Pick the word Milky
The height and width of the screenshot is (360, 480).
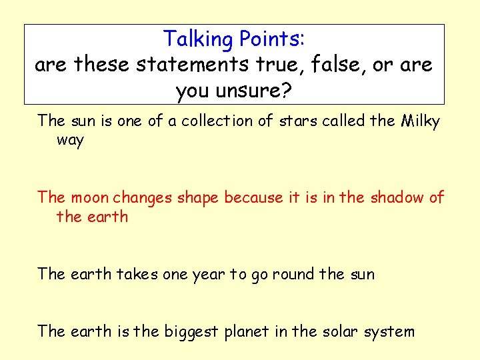click(x=421, y=121)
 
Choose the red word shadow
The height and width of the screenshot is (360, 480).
click(x=397, y=198)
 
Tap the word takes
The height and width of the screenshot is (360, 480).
click(x=138, y=274)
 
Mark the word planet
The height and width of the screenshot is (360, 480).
click(x=247, y=332)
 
